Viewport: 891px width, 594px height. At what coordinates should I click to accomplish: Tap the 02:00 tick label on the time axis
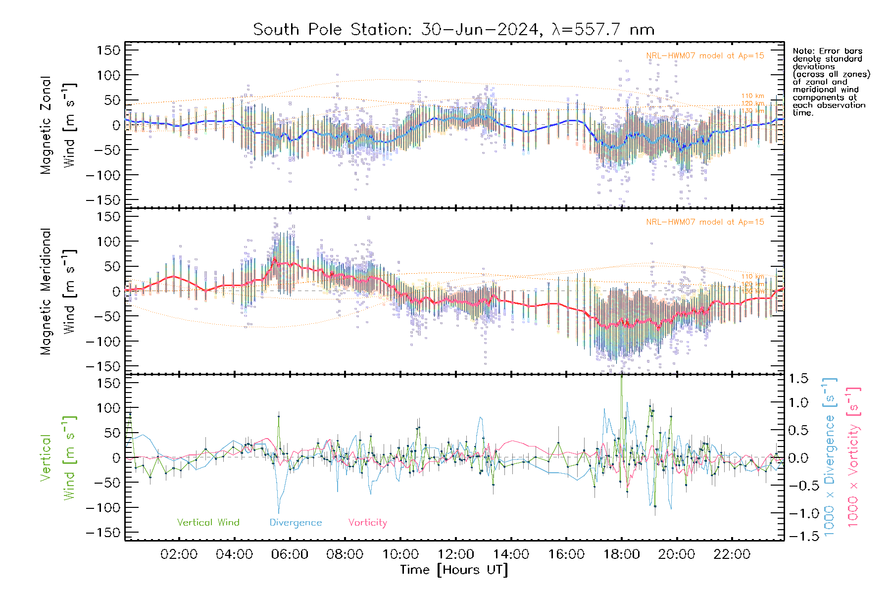pyautogui.click(x=179, y=554)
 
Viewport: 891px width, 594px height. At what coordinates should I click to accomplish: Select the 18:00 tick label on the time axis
pyautogui.click(x=621, y=554)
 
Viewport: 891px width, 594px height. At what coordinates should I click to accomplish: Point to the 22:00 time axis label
pyautogui.click(x=732, y=554)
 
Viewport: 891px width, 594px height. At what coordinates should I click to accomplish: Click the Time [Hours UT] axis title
pyautogui.click(x=454, y=570)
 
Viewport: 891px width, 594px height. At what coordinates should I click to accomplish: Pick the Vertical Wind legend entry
pyautogui.click(x=208, y=523)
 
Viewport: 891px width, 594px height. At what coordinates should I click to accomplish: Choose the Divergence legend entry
pyautogui.click(x=296, y=523)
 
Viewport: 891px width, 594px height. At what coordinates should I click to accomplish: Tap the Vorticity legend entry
pyautogui.click(x=367, y=523)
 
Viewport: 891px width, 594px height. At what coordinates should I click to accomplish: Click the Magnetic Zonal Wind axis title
pyautogui.click(x=57, y=125)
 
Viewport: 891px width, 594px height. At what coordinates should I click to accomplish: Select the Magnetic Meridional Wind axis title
pyautogui.click(x=57, y=292)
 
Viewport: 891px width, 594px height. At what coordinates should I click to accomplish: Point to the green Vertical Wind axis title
pyautogui.click(x=57, y=458)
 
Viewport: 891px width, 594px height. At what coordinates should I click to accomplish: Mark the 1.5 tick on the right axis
pyautogui.click(x=798, y=379)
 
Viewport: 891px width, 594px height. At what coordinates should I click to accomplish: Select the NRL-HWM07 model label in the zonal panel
pyautogui.click(x=705, y=56)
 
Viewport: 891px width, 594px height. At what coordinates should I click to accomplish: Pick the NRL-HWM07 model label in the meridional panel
pyautogui.click(x=705, y=222)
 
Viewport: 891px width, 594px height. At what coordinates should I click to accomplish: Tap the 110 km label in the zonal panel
pyautogui.click(x=752, y=96)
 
